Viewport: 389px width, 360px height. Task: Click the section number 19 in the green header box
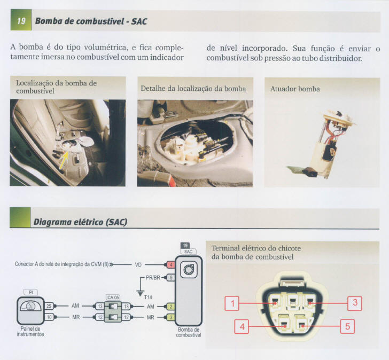coord(21,21)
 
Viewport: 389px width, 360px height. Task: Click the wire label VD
coord(138,264)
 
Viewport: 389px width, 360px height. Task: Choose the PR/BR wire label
coord(153,278)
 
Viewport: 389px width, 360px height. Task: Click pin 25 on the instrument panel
coord(49,306)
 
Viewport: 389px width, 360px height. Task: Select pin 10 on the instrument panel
coord(49,317)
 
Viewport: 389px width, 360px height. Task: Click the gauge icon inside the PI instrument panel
coord(30,308)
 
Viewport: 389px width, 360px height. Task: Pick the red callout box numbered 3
coord(355,304)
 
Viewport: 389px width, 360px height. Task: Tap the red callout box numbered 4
coord(242,326)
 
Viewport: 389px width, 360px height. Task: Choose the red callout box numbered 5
coord(347,326)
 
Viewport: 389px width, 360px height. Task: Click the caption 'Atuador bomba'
coord(295,89)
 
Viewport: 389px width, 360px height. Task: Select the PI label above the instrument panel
coord(30,292)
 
